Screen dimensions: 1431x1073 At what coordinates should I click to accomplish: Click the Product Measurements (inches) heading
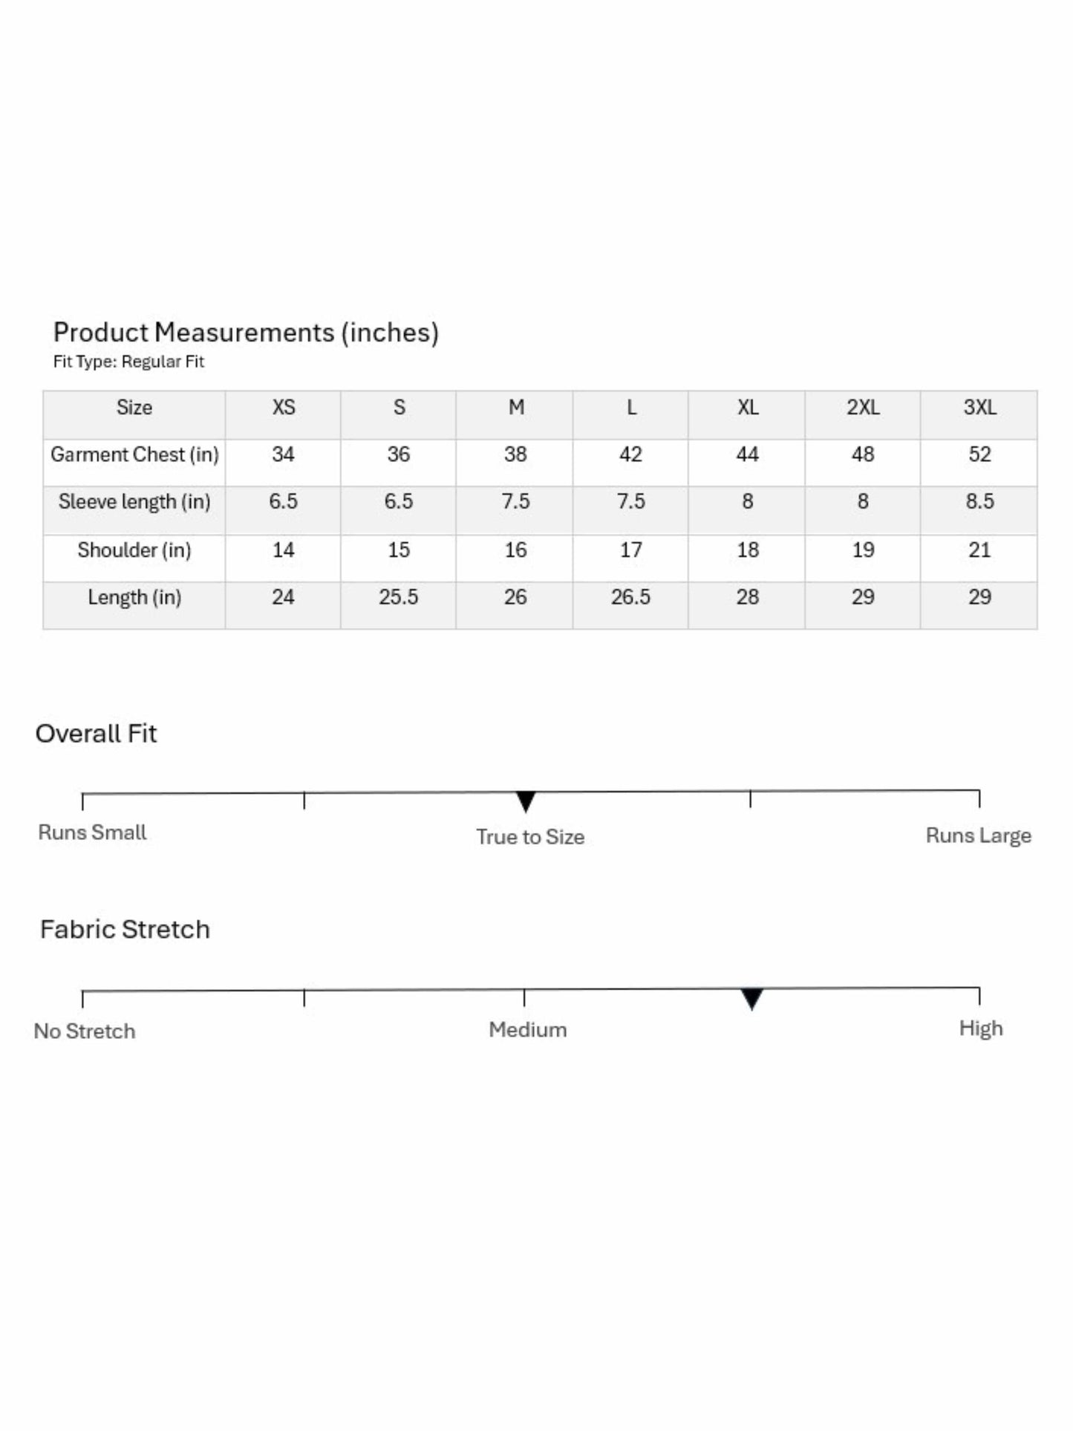pyautogui.click(x=246, y=332)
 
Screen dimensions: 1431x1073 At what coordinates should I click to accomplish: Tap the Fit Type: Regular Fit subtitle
pyautogui.click(x=128, y=362)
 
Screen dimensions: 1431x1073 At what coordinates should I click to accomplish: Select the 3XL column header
pyautogui.click(x=979, y=407)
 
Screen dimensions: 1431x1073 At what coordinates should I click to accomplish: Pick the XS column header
pyautogui.click(x=284, y=407)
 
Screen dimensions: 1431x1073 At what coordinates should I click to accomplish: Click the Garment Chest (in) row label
pyautogui.click(x=134, y=454)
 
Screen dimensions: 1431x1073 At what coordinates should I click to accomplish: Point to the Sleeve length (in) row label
pyautogui.click(x=134, y=502)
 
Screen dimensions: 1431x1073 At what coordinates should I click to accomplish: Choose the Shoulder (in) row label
pyautogui.click(x=134, y=550)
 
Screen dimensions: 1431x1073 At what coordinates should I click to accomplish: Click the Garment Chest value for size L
pyautogui.click(x=630, y=454)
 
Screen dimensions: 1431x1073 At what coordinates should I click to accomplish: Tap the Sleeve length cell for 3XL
pyautogui.click(x=979, y=502)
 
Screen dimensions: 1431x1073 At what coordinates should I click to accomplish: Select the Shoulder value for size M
pyautogui.click(x=515, y=550)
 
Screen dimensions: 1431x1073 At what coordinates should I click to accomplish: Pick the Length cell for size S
pyautogui.click(x=399, y=597)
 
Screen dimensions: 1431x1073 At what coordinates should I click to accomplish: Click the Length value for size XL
pyautogui.click(x=747, y=597)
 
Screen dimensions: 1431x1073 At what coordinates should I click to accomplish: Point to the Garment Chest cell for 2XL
pyautogui.click(x=863, y=454)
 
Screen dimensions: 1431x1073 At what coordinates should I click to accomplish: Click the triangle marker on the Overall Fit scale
pyautogui.click(x=526, y=801)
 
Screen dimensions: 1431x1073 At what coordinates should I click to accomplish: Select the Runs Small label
pyautogui.click(x=92, y=832)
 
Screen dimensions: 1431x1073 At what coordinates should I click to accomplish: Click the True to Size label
pyautogui.click(x=530, y=837)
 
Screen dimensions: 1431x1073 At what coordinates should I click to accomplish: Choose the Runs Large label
pyautogui.click(x=978, y=835)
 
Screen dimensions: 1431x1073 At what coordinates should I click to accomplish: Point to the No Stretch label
pyautogui.click(x=85, y=1031)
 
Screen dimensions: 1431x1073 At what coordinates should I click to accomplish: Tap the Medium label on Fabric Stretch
pyautogui.click(x=527, y=1030)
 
